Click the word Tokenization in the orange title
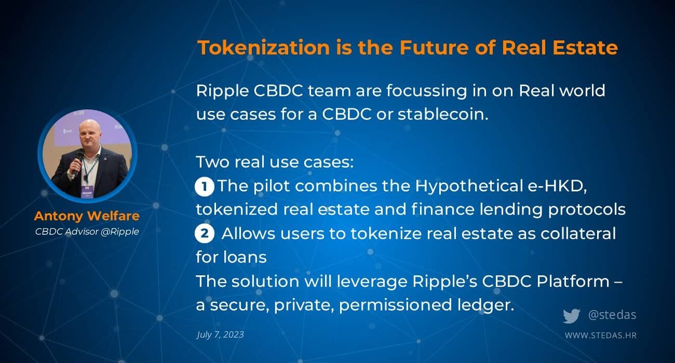[x=264, y=48]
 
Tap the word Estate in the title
[x=585, y=48]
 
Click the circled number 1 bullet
[x=205, y=187]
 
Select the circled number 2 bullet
[x=205, y=234]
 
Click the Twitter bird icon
[x=571, y=316]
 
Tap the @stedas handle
[x=612, y=315]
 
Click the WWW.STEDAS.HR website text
[x=601, y=336]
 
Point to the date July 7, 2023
[x=220, y=334]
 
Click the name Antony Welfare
[x=87, y=216]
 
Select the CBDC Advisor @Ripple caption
[x=87, y=231]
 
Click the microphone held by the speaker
[x=78, y=161]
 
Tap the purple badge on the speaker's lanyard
[x=87, y=192]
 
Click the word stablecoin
[x=443, y=114]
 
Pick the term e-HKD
[x=557, y=186]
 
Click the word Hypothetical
[x=469, y=187]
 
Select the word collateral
[x=578, y=233]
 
